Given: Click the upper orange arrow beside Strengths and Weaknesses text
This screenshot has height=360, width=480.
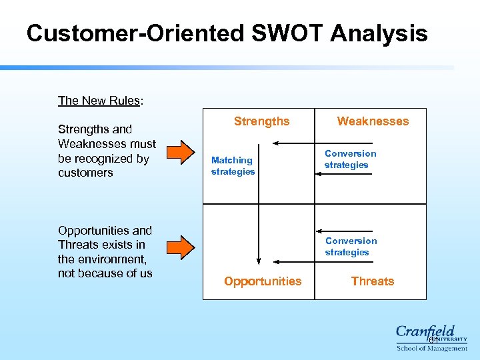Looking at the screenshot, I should click(x=178, y=151).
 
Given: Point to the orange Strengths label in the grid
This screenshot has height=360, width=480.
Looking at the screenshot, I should click(x=261, y=121).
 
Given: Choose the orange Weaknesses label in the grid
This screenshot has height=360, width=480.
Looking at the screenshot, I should click(x=373, y=121).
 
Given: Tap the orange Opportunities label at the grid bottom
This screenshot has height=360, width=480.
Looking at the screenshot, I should click(x=263, y=281).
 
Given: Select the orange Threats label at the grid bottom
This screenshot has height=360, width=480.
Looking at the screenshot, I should click(x=372, y=281).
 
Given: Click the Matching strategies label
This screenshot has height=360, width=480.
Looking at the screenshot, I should click(x=233, y=166).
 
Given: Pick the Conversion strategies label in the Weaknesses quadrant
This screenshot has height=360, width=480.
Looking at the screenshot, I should click(x=350, y=159).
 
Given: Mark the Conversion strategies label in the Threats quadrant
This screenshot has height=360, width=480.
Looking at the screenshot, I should click(x=351, y=247).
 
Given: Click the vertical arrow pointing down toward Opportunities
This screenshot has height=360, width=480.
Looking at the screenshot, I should click(x=259, y=233).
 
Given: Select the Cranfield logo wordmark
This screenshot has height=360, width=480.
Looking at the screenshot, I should click(x=425, y=331).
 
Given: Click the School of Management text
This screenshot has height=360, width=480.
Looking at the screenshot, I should click(x=431, y=348).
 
